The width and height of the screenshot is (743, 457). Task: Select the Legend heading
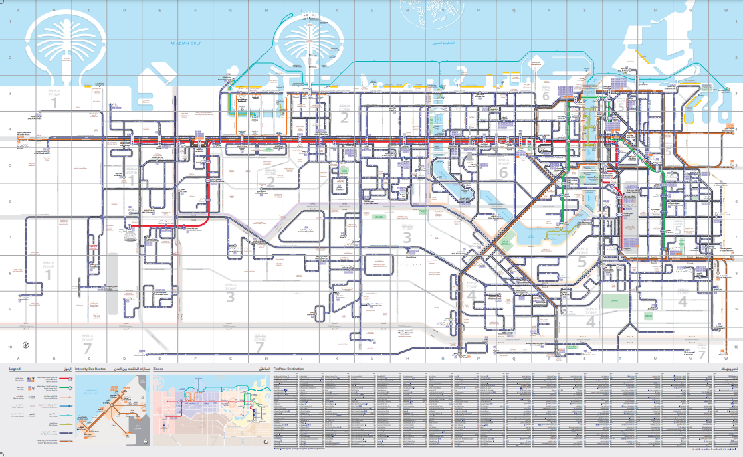pyautogui.click(x=15, y=369)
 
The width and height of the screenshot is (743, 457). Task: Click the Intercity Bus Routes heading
pyautogui.click(x=91, y=369)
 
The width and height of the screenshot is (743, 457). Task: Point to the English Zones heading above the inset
pyautogui.click(x=158, y=369)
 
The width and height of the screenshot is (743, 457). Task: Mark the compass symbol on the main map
pyautogui.click(x=26, y=345)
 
